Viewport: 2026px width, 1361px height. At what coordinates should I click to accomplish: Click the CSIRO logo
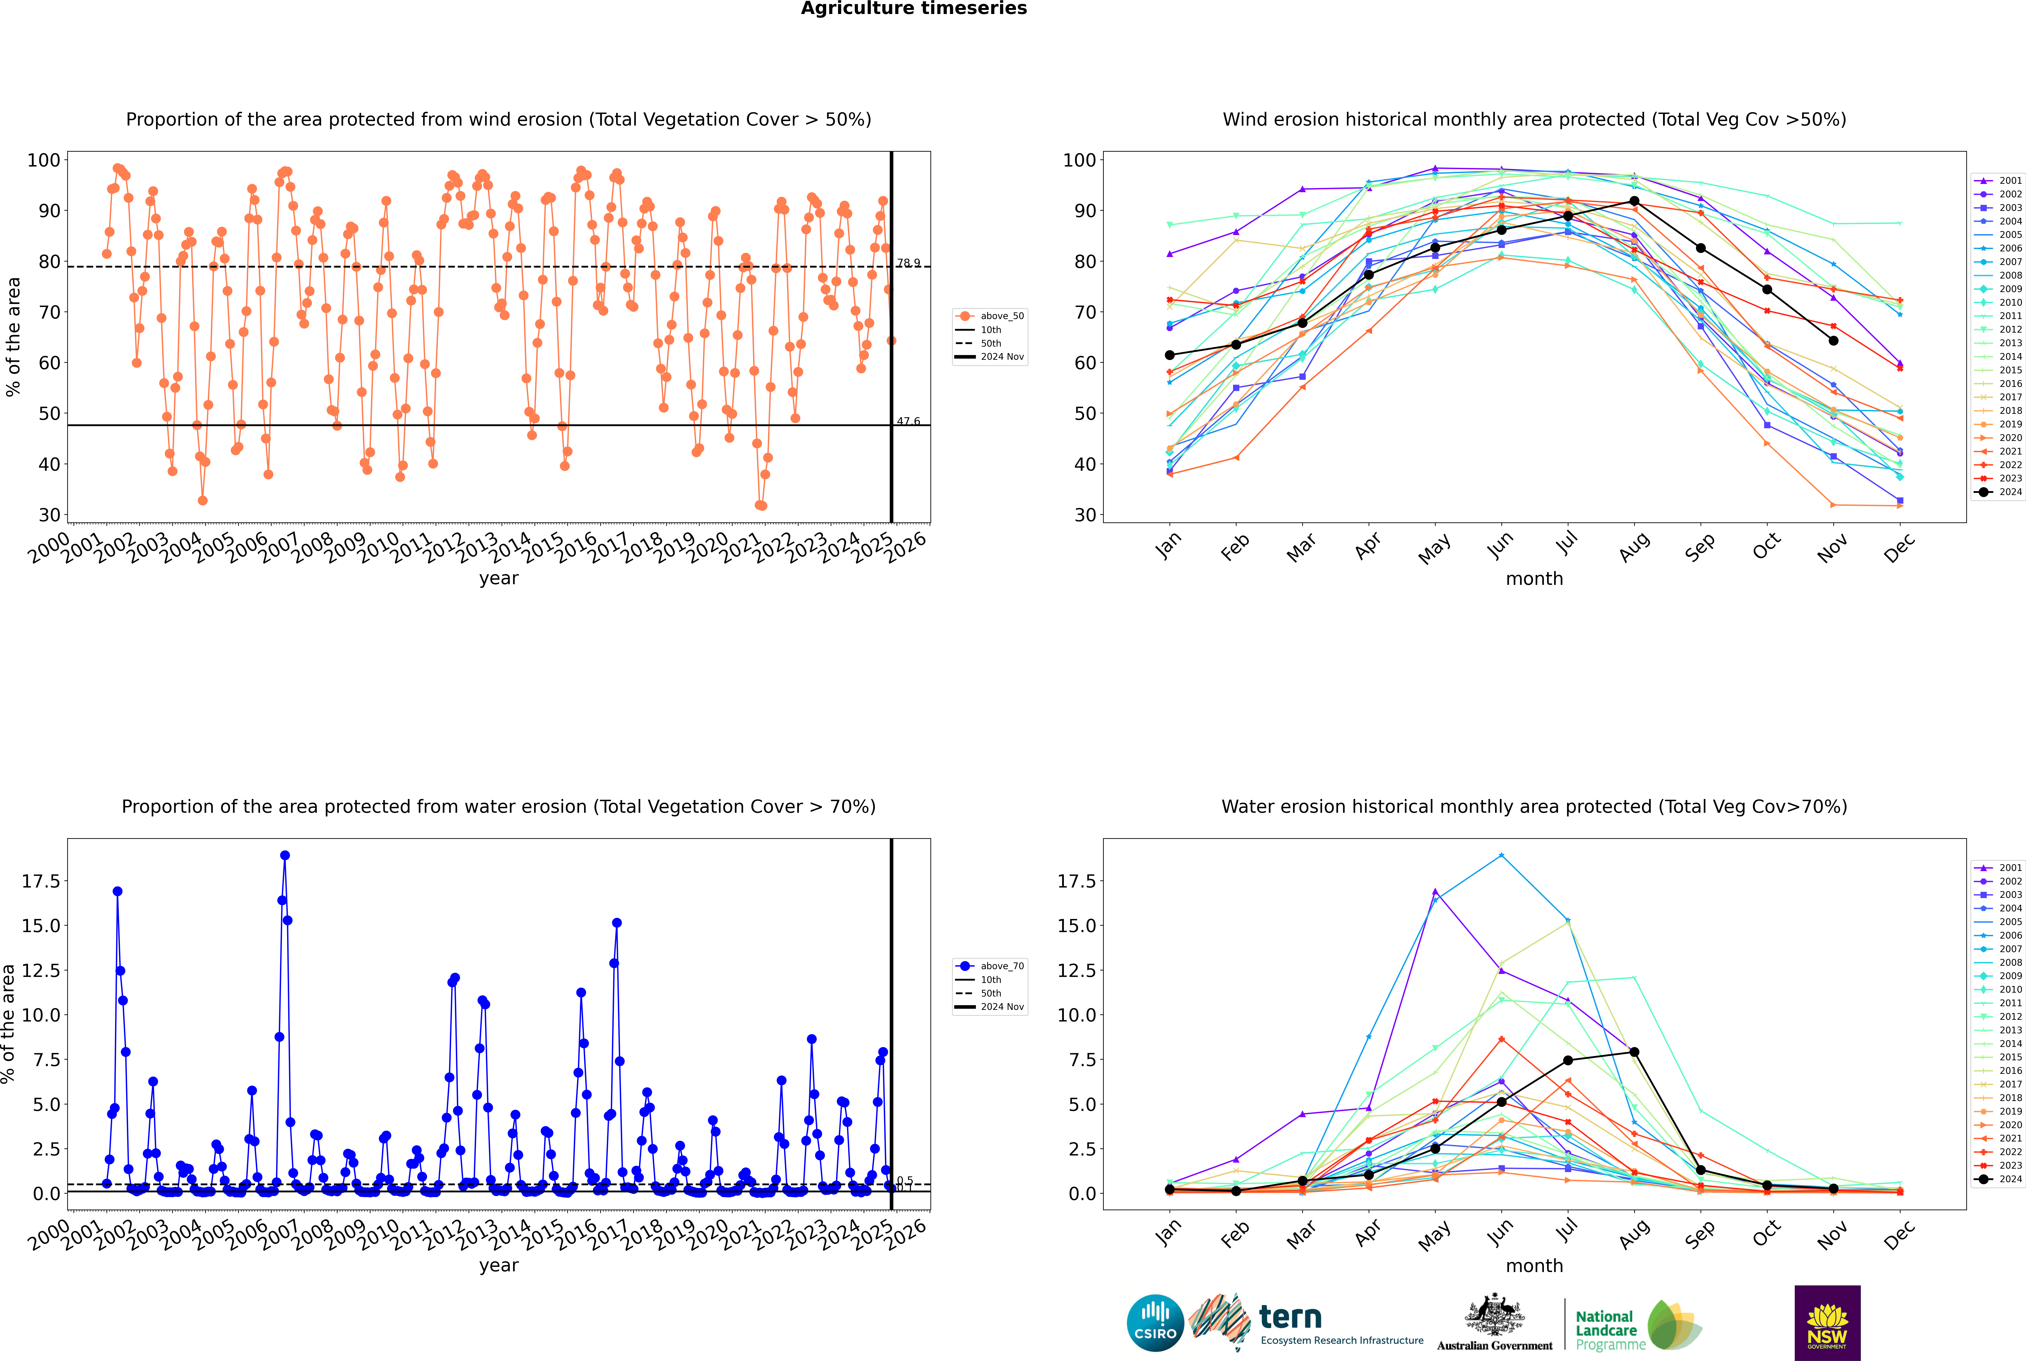(1155, 1324)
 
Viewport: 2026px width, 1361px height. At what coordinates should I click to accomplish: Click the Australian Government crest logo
(1494, 1324)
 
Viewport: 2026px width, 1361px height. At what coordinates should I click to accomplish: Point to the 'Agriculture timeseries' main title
(914, 9)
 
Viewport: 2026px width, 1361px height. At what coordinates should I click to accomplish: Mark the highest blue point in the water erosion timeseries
(285, 856)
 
